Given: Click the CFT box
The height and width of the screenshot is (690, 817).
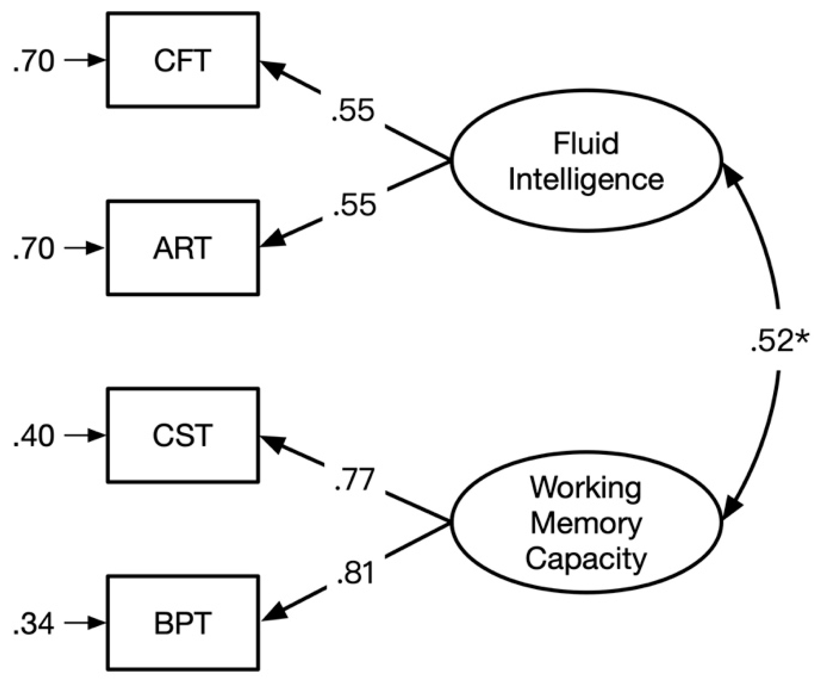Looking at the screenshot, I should [x=183, y=60].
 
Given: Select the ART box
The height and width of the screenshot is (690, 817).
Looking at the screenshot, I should [x=183, y=248].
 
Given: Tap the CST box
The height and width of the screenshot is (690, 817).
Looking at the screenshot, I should [x=183, y=435].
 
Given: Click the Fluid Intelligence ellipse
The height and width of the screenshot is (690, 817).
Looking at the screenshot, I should [x=586, y=161].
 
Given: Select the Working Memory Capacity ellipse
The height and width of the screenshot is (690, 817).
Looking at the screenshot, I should [x=586, y=522].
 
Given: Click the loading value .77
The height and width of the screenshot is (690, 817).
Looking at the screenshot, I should [x=354, y=479].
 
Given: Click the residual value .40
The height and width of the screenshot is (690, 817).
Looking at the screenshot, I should [x=34, y=435].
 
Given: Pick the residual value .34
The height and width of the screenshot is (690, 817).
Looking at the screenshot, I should [x=34, y=623].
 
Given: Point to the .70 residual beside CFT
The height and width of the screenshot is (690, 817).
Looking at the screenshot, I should [x=34, y=61].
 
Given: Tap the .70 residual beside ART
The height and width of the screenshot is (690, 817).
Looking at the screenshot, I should [x=34, y=248].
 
